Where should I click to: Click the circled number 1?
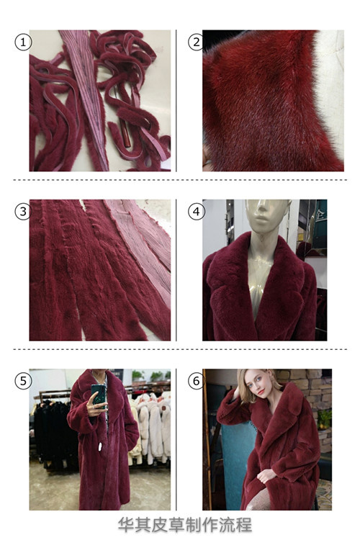[x=23, y=42]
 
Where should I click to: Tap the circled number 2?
[x=197, y=42]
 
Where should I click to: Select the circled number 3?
[x=23, y=212]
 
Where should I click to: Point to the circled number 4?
[x=197, y=212]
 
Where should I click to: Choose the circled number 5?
[x=23, y=381]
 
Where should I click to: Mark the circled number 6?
[x=197, y=381]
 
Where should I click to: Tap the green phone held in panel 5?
[x=98, y=397]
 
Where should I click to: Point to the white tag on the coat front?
[x=100, y=446]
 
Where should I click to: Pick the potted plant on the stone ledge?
[x=324, y=418]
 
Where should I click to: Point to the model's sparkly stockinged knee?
[x=259, y=500]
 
